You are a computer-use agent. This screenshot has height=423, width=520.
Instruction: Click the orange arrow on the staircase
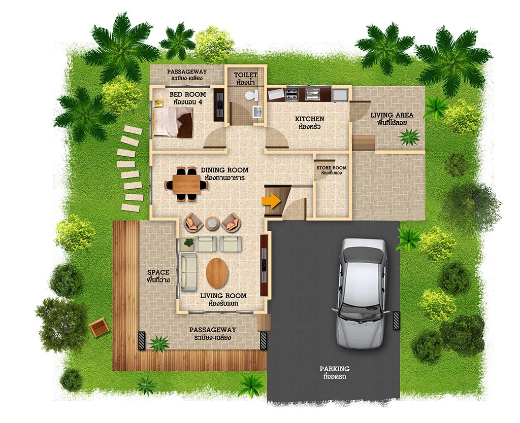click(x=271, y=201)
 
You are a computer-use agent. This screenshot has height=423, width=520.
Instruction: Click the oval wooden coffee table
click(x=217, y=273)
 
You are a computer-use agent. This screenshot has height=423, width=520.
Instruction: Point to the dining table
click(x=186, y=185)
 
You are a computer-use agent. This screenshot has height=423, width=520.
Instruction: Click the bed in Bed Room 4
click(x=173, y=122)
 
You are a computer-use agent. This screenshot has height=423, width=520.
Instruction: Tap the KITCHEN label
click(x=309, y=119)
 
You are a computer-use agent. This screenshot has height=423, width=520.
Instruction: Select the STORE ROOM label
click(x=331, y=168)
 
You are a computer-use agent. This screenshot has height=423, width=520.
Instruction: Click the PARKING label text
click(x=335, y=368)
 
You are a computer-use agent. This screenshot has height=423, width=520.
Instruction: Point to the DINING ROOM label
click(x=224, y=170)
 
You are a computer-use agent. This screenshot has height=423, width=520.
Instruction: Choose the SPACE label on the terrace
click(x=158, y=272)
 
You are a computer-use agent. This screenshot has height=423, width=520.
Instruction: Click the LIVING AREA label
click(x=392, y=115)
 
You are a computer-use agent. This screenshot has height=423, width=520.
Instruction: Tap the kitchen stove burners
click(x=292, y=94)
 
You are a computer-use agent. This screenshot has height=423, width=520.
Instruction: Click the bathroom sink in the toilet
click(x=257, y=111)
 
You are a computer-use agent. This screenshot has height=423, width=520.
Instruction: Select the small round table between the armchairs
click(x=212, y=224)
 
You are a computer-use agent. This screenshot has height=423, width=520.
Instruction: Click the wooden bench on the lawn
click(x=99, y=327)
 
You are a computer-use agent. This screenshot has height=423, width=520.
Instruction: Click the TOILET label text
click(x=245, y=75)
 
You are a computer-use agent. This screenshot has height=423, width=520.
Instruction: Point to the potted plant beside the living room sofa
click(x=188, y=243)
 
